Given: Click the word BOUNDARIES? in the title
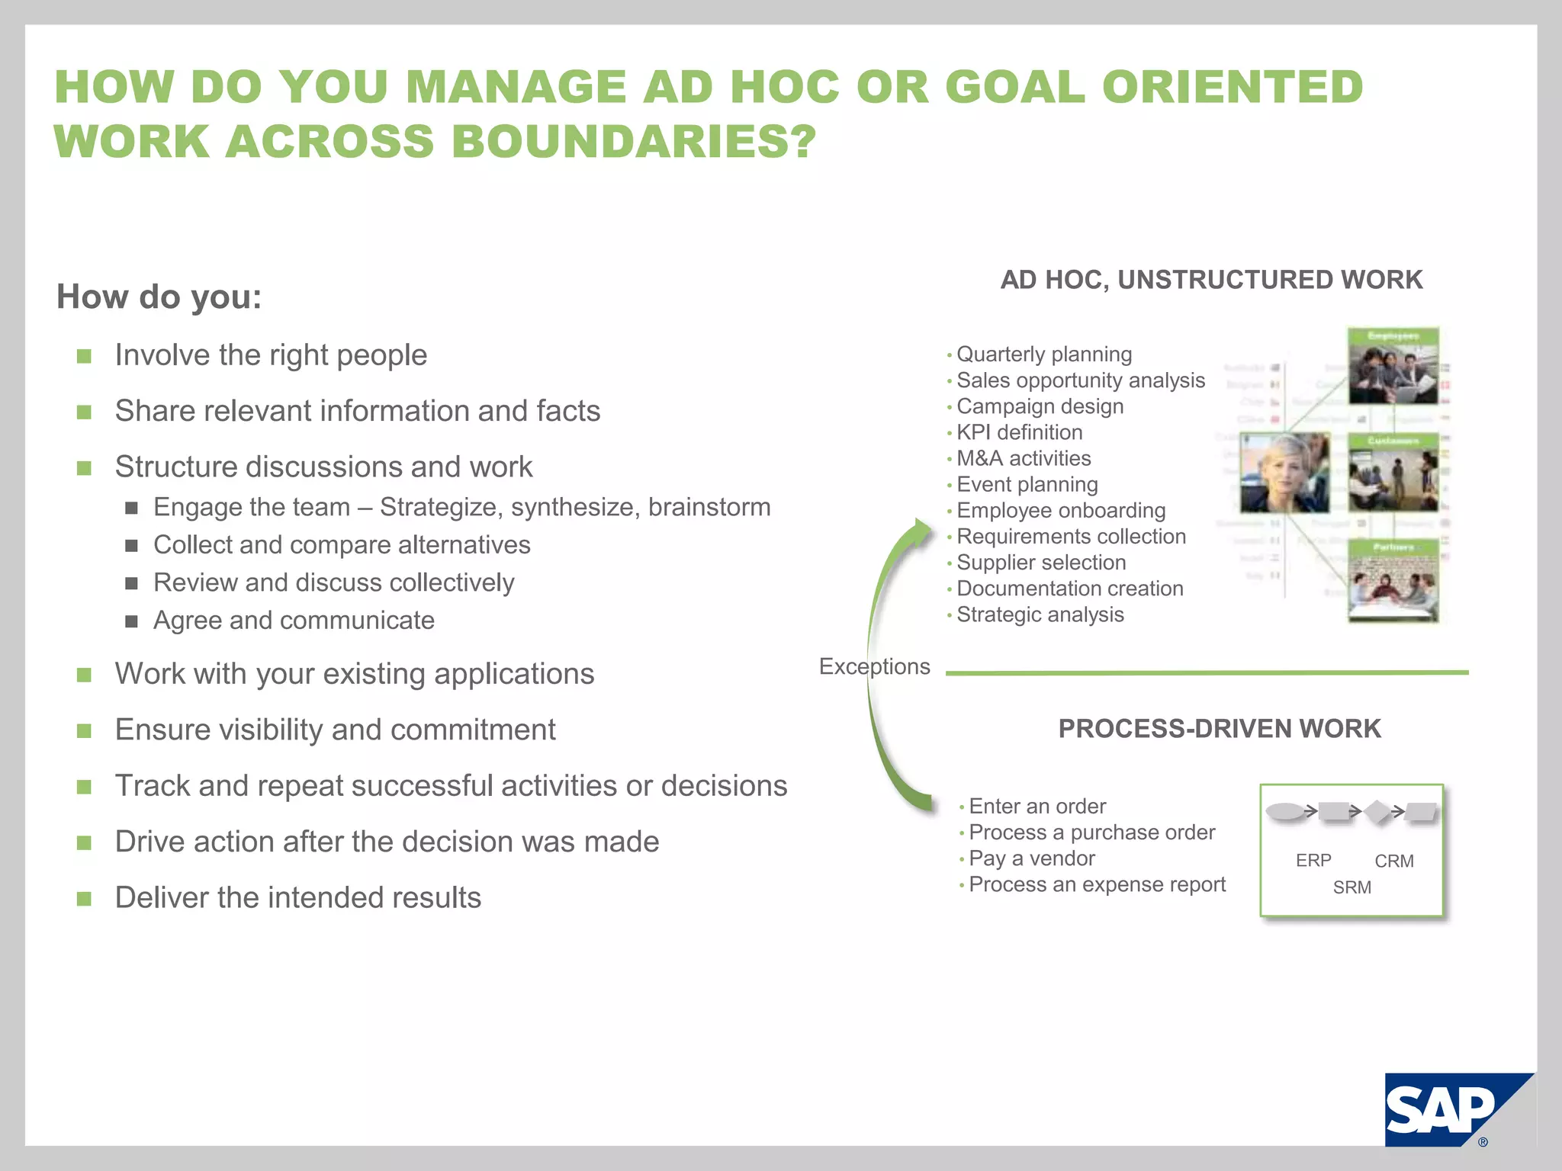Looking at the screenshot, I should click(634, 143).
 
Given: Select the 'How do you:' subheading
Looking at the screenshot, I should click(159, 297).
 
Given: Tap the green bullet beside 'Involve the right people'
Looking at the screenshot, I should click(84, 356).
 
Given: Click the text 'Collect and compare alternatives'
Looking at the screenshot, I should click(342, 545).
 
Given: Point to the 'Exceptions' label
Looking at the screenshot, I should click(874, 666).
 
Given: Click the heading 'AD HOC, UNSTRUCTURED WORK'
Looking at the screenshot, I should click(1211, 280).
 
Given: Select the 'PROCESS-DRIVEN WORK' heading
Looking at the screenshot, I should click(1219, 729).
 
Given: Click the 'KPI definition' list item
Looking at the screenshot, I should click(1019, 432).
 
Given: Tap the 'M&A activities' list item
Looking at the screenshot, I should click(1024, 458).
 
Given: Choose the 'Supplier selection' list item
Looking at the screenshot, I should click(1040, 563).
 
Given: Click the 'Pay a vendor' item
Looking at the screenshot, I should click(1031, 858).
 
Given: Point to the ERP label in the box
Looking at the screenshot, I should click(1313, 861).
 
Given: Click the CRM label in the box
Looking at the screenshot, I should click(1393, 861).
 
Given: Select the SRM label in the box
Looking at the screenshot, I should click(1351, 887).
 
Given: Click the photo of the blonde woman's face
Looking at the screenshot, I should click(1284, 473).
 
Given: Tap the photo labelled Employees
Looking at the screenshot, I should click(1393, 367).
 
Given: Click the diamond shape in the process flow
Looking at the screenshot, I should click(1377, 812).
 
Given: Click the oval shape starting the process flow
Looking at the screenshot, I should click(1285, 811).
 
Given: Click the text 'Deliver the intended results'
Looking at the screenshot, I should click(297, 898).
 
